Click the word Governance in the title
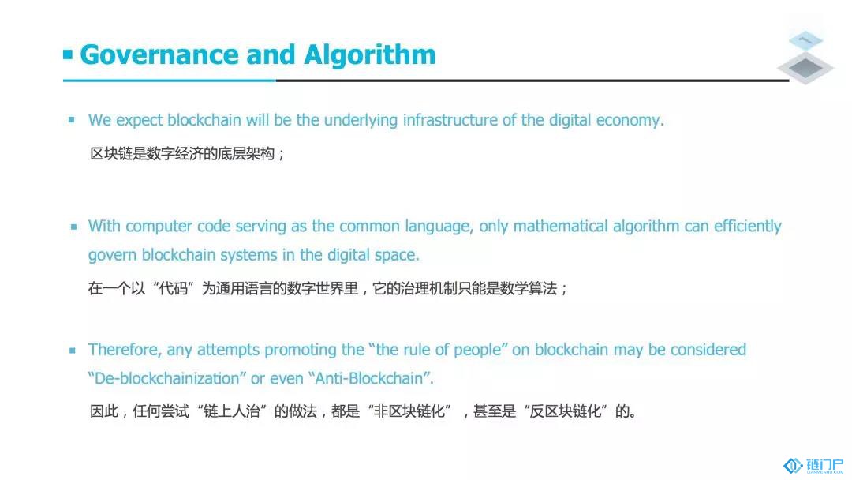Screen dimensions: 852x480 [x=159, y=55]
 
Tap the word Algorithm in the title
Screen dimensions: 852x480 [x=370, y=55]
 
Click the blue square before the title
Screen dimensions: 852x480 [x=68, y=54]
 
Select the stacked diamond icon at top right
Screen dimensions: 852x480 [x=805, y=57]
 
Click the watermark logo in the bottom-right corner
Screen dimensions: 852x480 [x=813, y=466]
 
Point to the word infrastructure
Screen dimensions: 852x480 [x=450, y=119]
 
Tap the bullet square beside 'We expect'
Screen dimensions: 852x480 [x=71, y=119]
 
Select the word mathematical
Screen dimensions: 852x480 [x=560, y=226]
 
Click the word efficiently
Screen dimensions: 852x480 [x=748, y=227]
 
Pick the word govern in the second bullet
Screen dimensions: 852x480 [x=112, y=256]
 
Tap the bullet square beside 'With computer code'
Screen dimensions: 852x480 [x=73, y=227]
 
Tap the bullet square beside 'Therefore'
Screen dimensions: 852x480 [x=73, y=350]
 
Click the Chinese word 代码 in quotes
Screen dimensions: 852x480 [x=174, y=288]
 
